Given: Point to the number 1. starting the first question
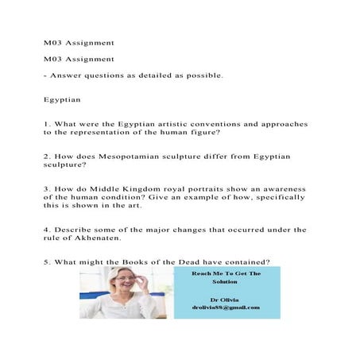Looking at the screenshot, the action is pos(47,125).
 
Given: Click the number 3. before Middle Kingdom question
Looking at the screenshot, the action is pos(47,188).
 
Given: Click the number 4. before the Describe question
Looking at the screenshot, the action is pos(47,230).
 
